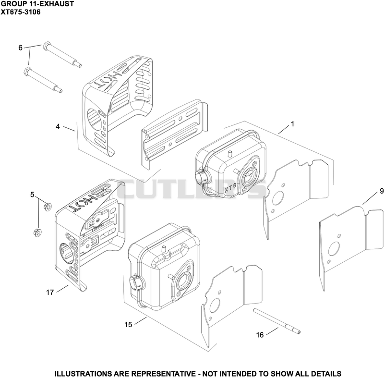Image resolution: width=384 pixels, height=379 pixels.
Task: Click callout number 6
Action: [21, 48]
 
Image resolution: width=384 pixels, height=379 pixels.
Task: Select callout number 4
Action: [58, 127]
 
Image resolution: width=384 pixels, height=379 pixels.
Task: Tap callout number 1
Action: [292, 124]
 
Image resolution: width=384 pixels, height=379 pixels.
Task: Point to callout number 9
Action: [382, 191]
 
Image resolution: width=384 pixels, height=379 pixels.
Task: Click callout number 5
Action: [32, 195]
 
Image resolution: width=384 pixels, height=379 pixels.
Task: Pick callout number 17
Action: [50, 293]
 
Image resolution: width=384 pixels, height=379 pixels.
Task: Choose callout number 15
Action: [128, 325]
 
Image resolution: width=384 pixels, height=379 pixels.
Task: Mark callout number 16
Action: [260, 335]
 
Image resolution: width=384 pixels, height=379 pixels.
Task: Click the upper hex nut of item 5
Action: [47, 206]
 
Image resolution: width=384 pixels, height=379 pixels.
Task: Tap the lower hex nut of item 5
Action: [37, 232]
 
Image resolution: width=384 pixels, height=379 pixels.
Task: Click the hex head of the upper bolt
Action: [47, 46]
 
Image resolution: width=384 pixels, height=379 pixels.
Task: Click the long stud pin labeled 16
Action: [277, 321]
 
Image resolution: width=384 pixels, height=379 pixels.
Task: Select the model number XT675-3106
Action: [21, 12]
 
